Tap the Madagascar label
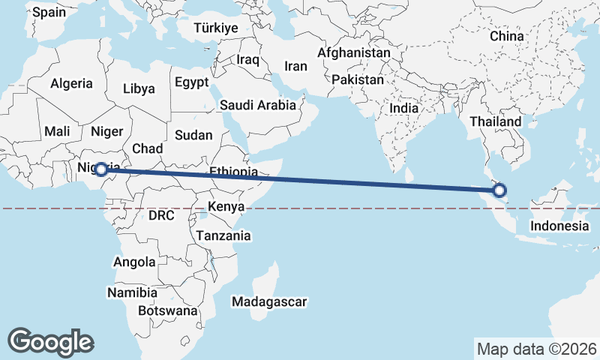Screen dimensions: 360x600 pyautogui.click(x=269, y=302)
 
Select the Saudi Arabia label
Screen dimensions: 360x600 pyautogui.click(x=256, y=105)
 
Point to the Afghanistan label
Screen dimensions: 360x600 pyautogui.click(x=354, y=53)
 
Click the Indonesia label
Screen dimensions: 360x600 pyautogui.click(x=559, y=226)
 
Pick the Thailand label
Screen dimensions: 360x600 pyautogui.click(x=496, y=121)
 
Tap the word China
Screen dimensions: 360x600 pyautogui.click(x=506, y=36)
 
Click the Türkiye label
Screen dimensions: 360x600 pyautogui.click(x=215, y=28)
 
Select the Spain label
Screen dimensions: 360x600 pyautogui.click(x=49, y=12)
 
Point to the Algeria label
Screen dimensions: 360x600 pyautogui.click(x=72, y=84)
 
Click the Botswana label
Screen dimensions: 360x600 pyautogui.click(x=168, y=310)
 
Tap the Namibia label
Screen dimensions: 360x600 pyautogui.click(x=132, y=292)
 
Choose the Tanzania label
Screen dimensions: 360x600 pyautogui.click(x=223, y=235)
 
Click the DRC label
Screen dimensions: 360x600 pyautogui.click(x=161, y=216)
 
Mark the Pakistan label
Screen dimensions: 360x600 pyautogui.click(x=358, y=79)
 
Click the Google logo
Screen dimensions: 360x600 pyautogui.click(x=50, y=342)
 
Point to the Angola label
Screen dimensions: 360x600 pyautogui.click(x=134, y=262)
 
